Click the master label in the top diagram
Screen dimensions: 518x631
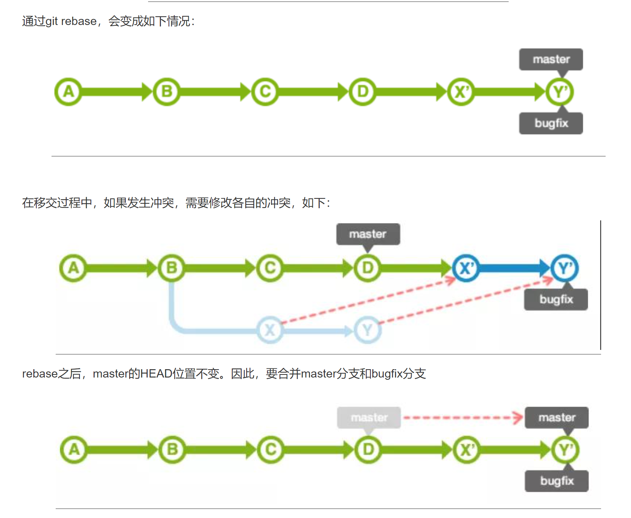(x=551, y=59)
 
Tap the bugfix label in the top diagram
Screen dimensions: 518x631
(x=551, y=123)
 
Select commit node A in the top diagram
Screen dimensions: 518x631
(x=68, y=92)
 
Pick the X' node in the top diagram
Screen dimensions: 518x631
(x=461, y=92)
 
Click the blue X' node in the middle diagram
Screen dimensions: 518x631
(x=466, y=268)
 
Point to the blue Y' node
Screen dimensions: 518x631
(x=564, y=268)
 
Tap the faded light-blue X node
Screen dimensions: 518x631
(x=270, y=330)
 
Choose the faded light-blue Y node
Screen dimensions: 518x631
(x=367, y=330)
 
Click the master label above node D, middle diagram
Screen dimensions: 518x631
(x=368, y=234)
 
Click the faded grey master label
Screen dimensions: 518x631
(x=369, y=418)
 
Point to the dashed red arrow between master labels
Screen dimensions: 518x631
(x=462, y=418)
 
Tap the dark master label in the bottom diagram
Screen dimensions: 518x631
(x=556, y=418)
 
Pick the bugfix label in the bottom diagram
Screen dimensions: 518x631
(x=556, y=481)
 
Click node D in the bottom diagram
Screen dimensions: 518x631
(x=368, y=450)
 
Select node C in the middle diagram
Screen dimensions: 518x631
(x=270, y=268)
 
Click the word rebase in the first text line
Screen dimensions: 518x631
(x=79, y=21)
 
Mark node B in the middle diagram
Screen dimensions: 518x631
(x=172, y=268)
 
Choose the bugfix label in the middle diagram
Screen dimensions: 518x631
(x=556, y=300)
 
